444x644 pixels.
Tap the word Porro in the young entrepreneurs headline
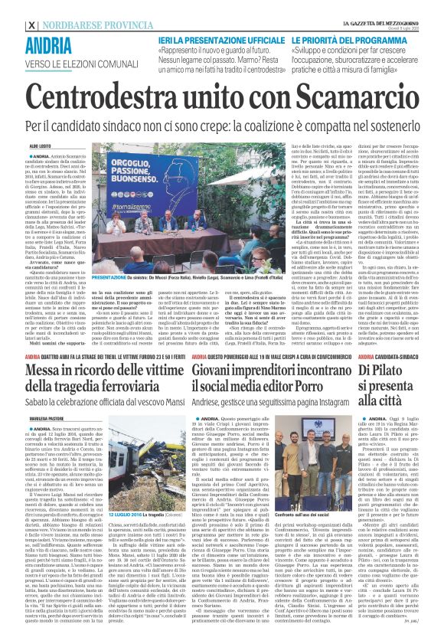point(327,332)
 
